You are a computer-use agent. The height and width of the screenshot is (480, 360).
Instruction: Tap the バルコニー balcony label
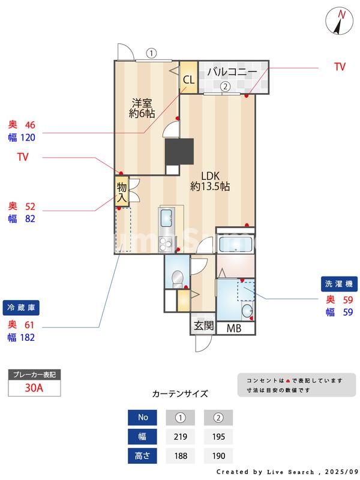pyautogui.click(x=232, y=72)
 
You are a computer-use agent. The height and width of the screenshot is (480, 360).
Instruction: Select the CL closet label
pyautogui.click(x=188, y=80)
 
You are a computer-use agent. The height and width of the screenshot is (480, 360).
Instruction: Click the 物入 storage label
pyautogui.click(x=122, y=191)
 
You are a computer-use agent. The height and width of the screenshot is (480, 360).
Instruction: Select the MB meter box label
pyautogui.click(x=234, y=328)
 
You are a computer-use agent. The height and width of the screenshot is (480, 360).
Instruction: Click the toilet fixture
pyautogui.click(x=177, y=278)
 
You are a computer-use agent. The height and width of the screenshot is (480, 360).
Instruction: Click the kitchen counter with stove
pyautogui.click(x=166, y=229)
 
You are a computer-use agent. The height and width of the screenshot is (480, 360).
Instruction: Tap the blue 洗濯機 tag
pyautogui.click(x=339, y=283)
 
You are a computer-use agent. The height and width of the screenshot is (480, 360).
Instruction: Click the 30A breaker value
pyautogui.click(x=34, y=388)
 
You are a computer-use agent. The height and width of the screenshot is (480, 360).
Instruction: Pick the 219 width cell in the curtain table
pyautogui.click(x=179, y=436)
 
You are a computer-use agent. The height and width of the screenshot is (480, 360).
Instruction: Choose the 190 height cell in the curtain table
pyautogui.click(x=218, y=456)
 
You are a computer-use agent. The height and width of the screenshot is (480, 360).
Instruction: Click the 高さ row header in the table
pyautogui.click(x=143, y=456)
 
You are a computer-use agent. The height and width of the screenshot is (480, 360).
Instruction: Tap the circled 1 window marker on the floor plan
pyautogui.click(x=151, y=53)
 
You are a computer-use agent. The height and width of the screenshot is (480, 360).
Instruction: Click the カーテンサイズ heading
pyautogui.click(x=180, y=394)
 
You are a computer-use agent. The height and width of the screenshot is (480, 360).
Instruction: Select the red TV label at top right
pyautogui.click(x=340, y=67)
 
